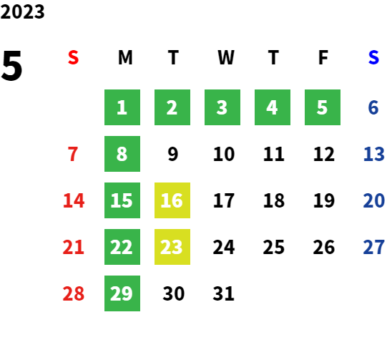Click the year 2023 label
point(22,12)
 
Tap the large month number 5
point(11,66)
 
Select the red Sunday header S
point(73,57)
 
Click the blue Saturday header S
point(373,57)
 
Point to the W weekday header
point(226,57)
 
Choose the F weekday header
point(323,57)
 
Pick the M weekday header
point(125,57)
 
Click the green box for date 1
point(122,107)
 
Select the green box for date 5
point(323,107)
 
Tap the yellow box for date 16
point(172,200)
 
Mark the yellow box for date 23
point(172,247)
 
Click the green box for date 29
point(122,293)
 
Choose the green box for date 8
point(122,154)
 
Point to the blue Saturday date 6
point(373,107)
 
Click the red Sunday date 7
point(73,154)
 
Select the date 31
point(223,293)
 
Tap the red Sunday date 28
point(74,293)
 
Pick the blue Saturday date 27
point(373,247)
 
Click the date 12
point(324,154)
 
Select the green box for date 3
point(222,107)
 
